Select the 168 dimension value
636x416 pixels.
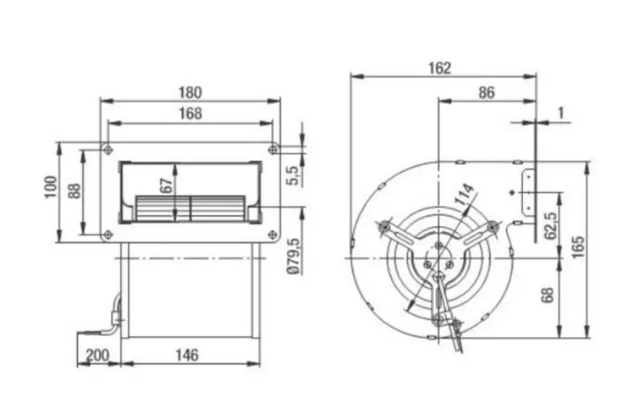(x=189, y=114)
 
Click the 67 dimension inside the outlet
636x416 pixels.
(x=166, y=185)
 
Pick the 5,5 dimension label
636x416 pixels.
(x=291, y=173)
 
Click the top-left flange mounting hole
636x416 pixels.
(x=107, y=149)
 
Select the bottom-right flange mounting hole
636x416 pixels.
(x=273, y=235)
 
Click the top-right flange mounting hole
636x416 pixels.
(x=273, y=149)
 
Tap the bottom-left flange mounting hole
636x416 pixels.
(x=107, y=235)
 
